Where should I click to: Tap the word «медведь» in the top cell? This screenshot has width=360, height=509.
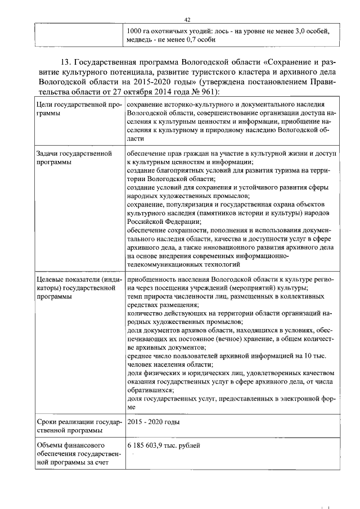(141, 40)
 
